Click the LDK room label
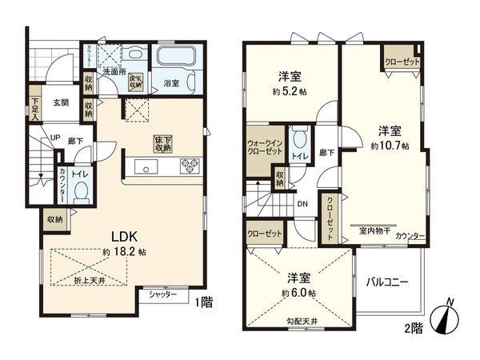click(x=122, y=237)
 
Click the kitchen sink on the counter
click(x=146, y=167)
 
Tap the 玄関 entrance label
click(x=62, y=102)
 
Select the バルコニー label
click(x=388, y=282)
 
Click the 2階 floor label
click(x=413, y=327)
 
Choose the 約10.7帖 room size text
click(x=390, y=146)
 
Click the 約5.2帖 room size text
click(x=289, y=91)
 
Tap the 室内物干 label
click(x=374, y=230)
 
